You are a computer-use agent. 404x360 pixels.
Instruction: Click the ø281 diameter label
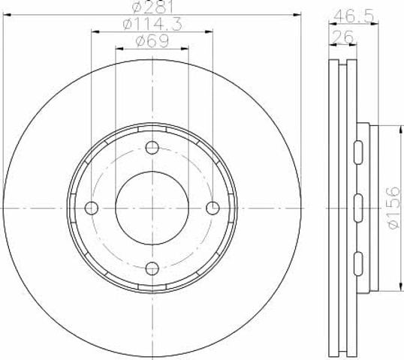point(152,6)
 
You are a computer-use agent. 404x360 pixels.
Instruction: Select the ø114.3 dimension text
point(152,24)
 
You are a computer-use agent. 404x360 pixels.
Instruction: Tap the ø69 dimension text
point(152,41)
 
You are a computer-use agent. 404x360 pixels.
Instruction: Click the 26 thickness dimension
point(343,37)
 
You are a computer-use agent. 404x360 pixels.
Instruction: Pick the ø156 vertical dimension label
point(393,208)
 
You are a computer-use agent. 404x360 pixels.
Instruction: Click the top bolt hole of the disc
point(152,148)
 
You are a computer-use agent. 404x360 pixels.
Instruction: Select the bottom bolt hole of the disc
point(152,268)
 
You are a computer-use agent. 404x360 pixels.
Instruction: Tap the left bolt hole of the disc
point(92,208)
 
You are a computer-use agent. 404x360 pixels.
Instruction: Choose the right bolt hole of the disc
point(213,208)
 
